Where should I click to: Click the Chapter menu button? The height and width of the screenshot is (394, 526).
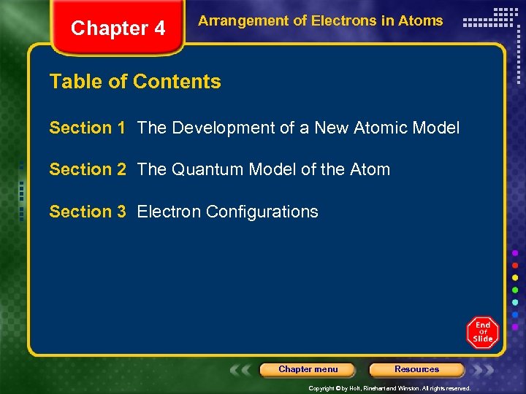click(x=308, y=369)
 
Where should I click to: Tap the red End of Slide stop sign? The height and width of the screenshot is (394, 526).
click(x=482, y=333)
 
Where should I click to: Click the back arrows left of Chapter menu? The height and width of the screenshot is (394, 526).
click(x=242, y=370)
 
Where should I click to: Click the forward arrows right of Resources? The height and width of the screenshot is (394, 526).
click(x=483, y=370)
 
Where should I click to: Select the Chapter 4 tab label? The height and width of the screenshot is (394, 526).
click(x=118, y=28)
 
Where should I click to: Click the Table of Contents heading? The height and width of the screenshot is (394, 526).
click(x=135, y=82)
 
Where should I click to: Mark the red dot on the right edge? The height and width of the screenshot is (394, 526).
click(x=516, y=265)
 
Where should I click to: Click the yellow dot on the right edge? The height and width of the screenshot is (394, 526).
click(x=516, y=277)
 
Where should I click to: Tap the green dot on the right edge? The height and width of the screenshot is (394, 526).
click(x=516, y=290)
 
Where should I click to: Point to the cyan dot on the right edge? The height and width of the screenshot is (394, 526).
click(x=516, y=302)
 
